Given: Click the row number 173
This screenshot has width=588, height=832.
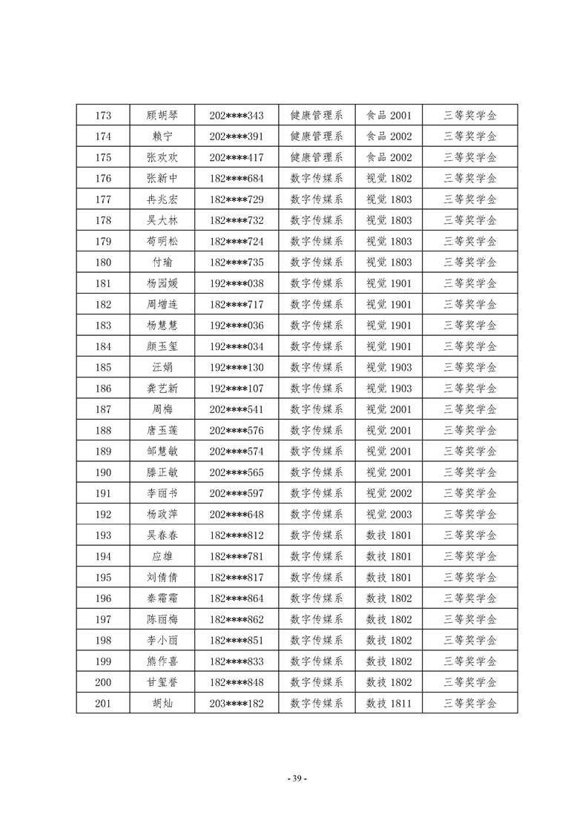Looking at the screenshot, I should click(x=104, y=116).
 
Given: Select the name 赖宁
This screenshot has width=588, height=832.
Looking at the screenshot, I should click(x=162, y=136).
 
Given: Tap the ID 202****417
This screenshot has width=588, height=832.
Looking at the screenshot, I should click(x=237, y=157).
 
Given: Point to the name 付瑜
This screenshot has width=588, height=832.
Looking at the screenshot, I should click(x=162, y=263).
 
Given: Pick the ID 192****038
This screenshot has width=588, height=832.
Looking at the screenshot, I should click(x=237, y=283).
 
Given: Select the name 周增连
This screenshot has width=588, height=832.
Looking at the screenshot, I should click(x=162, y=304).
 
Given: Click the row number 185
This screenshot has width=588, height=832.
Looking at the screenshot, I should click(x=104, y=367).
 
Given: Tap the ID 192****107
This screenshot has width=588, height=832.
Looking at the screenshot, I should click(x=237, y=389).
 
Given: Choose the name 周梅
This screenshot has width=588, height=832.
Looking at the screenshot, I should click(x=162, y=409).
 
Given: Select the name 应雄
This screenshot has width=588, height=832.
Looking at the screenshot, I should click(x=162, y=556).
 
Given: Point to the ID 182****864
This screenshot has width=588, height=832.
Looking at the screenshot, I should click(x=237, y=598).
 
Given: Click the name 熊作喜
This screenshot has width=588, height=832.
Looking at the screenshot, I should click(x=162, y=661).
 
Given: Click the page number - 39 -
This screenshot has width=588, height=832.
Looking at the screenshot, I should click(x=296, y=779).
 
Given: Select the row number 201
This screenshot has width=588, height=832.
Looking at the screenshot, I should click(x=104, y=703).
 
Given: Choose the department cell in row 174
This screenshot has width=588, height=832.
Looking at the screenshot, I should click(x=317, y=136).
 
